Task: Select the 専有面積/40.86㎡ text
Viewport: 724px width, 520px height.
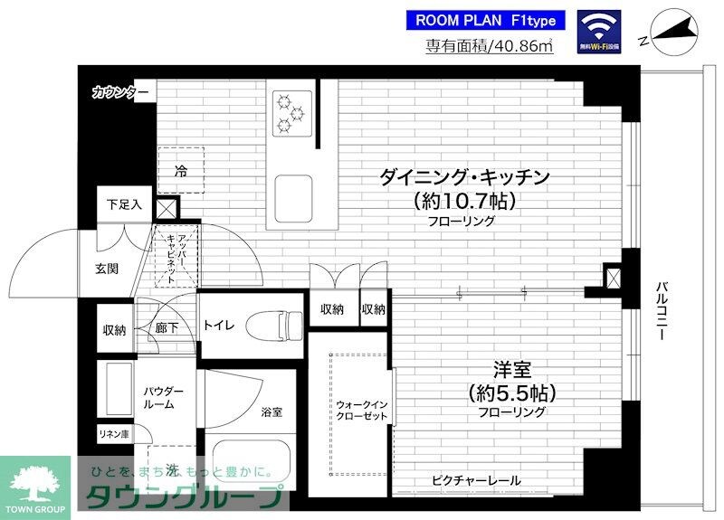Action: [490, 47]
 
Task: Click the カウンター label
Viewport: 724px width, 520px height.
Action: [119, 91]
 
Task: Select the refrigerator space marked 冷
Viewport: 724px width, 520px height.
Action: [181, 170]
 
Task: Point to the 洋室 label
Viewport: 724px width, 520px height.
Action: [512, 369]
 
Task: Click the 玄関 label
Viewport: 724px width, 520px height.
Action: [110, 268]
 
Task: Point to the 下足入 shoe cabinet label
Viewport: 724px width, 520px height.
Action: [124, 204]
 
